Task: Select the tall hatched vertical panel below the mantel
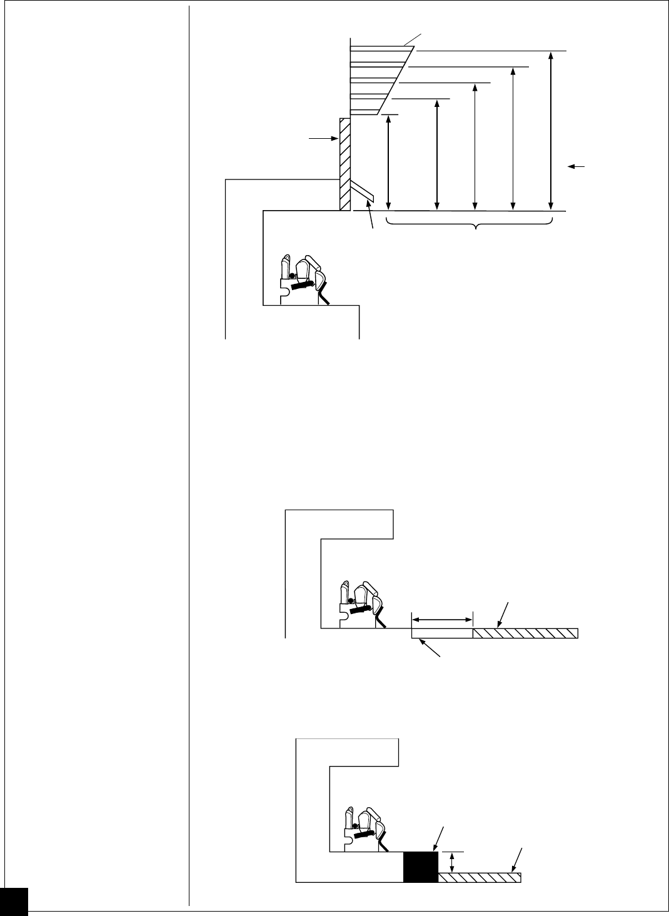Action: (345, 164)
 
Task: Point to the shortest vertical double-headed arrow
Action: (389, 161)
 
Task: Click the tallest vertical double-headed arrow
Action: (551, 129)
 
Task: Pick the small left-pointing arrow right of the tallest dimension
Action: (576, 166)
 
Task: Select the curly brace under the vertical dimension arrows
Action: (470, 223)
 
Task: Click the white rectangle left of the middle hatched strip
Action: (442, 633)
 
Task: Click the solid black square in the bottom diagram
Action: (421, 867)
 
